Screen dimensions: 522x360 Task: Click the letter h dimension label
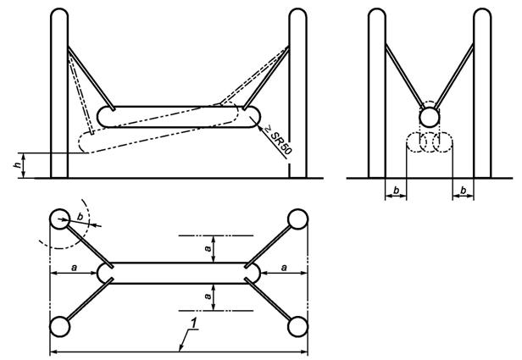(x=17, y=165)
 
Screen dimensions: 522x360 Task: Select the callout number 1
(x=194, y=323)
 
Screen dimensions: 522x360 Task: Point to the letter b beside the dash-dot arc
(x=80, y=216)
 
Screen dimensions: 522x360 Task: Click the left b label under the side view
(x=396, y=191)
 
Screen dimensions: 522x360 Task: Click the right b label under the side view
(x=463, y=191)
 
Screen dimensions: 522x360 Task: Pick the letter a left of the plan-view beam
(x=74, y=267)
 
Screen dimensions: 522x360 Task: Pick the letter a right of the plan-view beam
(x=284, y=267)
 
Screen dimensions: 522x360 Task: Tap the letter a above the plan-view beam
(x=208, y=248)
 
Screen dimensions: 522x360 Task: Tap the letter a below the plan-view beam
(x=208, y=296)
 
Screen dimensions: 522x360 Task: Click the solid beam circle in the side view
(x=430, y=117)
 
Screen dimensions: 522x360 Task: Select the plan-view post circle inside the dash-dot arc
(x=60, y=219)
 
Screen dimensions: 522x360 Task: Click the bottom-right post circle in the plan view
(x=298, y=327)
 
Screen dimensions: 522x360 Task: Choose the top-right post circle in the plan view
(x=298, y=219)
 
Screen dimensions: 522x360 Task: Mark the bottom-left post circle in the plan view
(x=60, y=327)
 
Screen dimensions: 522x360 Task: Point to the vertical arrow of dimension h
(x=24, y=165)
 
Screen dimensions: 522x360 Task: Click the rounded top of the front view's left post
(x=59, y=13)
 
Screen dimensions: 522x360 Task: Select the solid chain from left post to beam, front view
(x=92, y=79)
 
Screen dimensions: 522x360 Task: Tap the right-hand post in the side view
(x=482, y=93)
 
